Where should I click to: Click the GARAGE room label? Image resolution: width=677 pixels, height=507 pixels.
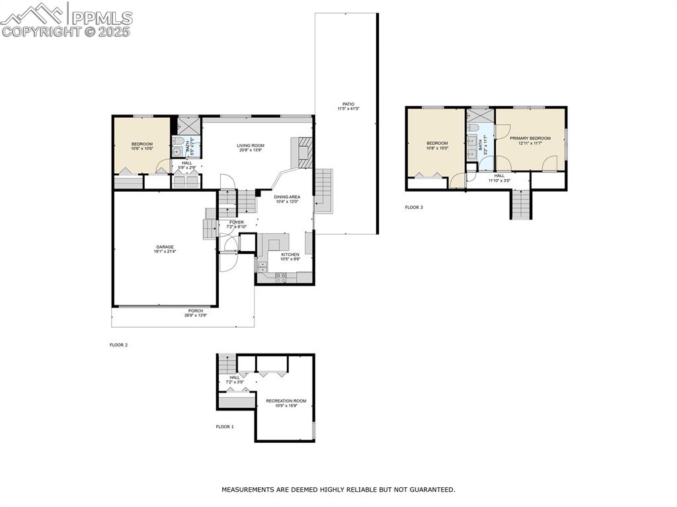coord(165,247)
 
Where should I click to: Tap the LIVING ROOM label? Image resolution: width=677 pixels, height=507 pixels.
coord(251,145)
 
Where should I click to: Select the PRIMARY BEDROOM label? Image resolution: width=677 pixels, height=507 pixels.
coord(530,138)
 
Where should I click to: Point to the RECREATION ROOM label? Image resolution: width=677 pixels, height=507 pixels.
coord(286,401)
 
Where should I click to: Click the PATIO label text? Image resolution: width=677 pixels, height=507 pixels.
coord(348,104)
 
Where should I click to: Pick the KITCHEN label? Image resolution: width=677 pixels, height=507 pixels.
coord(290,254)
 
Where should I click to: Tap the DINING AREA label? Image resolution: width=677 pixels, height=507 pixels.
coord(288,197)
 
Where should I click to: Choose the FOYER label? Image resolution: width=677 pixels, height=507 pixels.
coord(236,222)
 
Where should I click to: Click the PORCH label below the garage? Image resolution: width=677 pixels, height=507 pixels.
coord(196,311)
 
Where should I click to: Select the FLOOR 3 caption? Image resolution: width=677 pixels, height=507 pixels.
coord(414,208)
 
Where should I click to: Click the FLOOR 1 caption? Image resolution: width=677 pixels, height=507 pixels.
coord(225,427)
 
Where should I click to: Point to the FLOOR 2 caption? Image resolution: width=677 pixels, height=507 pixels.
coord(118,345)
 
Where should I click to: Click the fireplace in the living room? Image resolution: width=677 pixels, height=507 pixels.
coord(303,153)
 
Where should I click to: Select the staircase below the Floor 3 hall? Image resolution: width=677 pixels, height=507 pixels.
coord(520,204)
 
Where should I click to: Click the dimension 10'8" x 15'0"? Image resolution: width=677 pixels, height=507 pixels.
coord(437,148)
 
